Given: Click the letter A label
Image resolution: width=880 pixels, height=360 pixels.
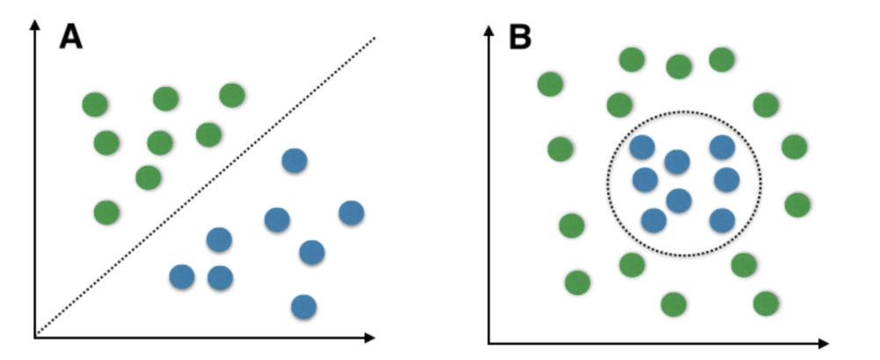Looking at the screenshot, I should click(70, 36).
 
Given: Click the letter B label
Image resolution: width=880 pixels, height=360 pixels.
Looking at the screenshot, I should click(521, 36).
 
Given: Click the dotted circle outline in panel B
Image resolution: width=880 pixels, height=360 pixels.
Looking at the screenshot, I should click(608, 183).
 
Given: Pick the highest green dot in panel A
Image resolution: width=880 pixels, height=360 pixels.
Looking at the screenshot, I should click(231, 94).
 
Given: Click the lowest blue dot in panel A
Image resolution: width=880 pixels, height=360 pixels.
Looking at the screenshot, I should click(304, 306).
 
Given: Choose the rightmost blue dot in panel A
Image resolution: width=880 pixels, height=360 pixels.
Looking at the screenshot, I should click(351, 212).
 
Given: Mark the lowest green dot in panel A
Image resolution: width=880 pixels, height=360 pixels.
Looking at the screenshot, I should click(106, 212).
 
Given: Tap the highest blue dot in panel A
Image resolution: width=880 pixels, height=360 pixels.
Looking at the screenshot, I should click(294, 160).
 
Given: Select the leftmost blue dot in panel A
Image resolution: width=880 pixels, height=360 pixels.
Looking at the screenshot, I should click(181, 276).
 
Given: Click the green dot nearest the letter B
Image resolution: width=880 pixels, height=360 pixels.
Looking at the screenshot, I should click(550, 84).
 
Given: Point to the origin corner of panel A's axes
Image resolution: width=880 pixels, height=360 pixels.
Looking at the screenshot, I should click(35, 336).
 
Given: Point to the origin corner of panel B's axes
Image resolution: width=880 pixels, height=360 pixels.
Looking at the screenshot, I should click(489, 342).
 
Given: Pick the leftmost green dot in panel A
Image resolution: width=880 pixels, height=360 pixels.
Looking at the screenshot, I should click(94, 105).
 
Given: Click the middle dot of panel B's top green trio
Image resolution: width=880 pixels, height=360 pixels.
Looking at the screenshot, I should click(678, 66).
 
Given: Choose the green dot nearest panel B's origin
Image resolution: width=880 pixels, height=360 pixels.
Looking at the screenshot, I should click(577, 283).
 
